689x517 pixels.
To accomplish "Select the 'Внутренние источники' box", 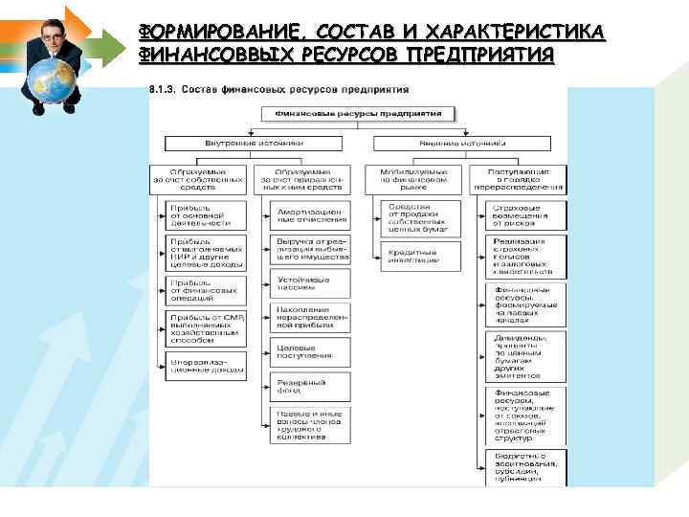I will point(254,143).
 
